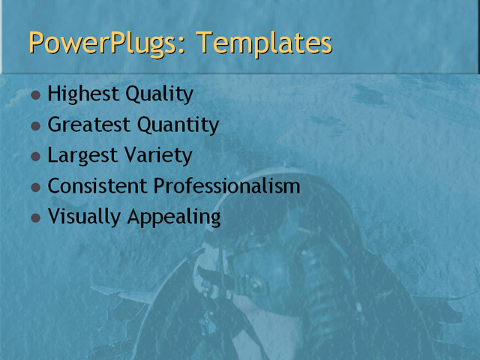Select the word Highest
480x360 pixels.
point(78,94)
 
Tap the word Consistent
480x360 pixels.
point(97,186)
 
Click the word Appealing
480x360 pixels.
point(173,217)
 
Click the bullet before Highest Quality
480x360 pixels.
point(36,96)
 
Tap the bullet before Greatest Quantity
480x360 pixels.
point(36,127)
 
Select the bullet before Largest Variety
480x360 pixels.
point(36,157)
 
